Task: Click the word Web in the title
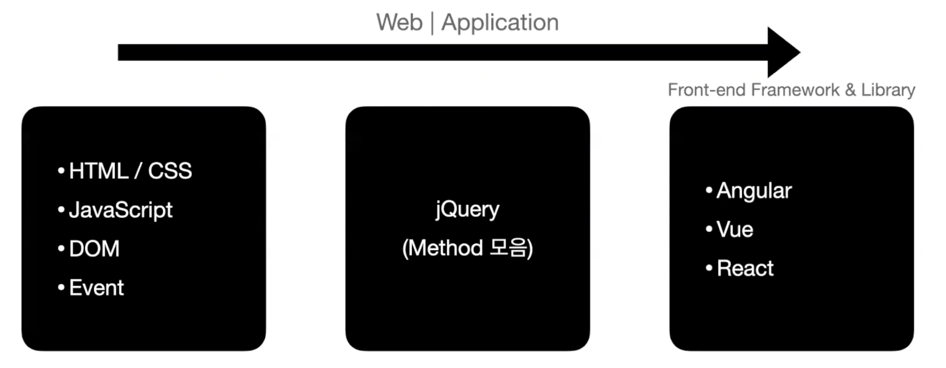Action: [x=399, y=22]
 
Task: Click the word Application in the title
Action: [x=500, y=23]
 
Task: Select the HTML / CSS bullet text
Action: [x=131, y=171]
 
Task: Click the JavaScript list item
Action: [x=120, y=210]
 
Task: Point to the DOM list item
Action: [x=94, y=249]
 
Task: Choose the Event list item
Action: [x=96, y=287]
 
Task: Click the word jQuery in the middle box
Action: [x=467, y=210]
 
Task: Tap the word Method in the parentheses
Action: [x=446, y=248]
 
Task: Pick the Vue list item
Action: [x=735, y=230]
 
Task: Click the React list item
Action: [x=745, y=268]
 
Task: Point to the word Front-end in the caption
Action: [x=706, y=90]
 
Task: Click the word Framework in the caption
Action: [x=795, y=90]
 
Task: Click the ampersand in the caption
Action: [x=850, y=90]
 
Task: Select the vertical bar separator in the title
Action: [x=432, y=23]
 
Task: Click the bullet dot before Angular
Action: [x=709, y=190]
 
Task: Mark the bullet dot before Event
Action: [x=61, y=287]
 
